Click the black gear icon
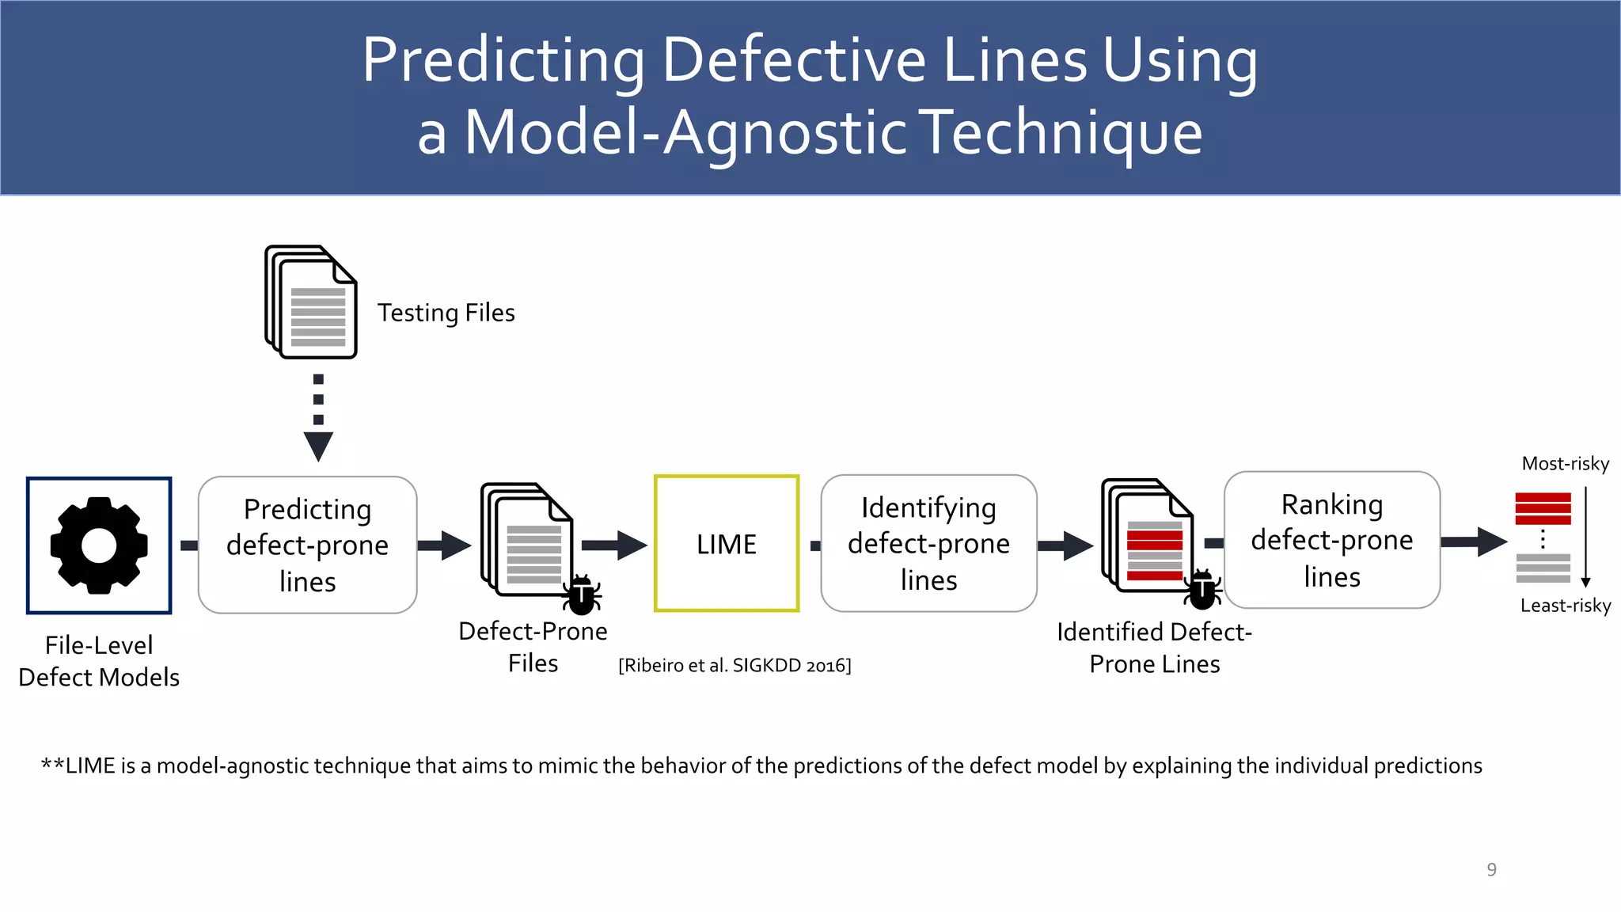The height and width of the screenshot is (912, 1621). click(x=99, y=545)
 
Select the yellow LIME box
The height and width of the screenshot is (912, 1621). click(x=727, y=544)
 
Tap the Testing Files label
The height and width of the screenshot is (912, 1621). click(x=446, y=313)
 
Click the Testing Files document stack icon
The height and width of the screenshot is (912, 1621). click(x=311, y=302)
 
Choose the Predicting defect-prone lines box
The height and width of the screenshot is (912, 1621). click(x=307, y=545)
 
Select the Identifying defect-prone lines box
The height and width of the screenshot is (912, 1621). click(x=928, y=544)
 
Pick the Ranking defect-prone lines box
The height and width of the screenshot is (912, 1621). click(x=1331, y=541)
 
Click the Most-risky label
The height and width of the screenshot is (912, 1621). click(x=1565, y=464)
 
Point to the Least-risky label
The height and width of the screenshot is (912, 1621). click(x=1565, y=606)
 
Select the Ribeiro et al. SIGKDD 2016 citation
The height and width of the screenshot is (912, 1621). click(x=735, y=665)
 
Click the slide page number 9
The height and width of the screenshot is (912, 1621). click(x=1491, y=869)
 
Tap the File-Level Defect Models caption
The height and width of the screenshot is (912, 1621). click(x=99, y=661)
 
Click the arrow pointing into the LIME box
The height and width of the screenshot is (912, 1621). click(x=614, y=545)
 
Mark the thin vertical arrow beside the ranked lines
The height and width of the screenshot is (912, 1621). click(x=1585, y=538)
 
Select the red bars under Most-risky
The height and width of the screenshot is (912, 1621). click(x=1543, y=508)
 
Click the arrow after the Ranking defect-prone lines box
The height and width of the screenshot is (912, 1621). click(x=1473, y=542)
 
